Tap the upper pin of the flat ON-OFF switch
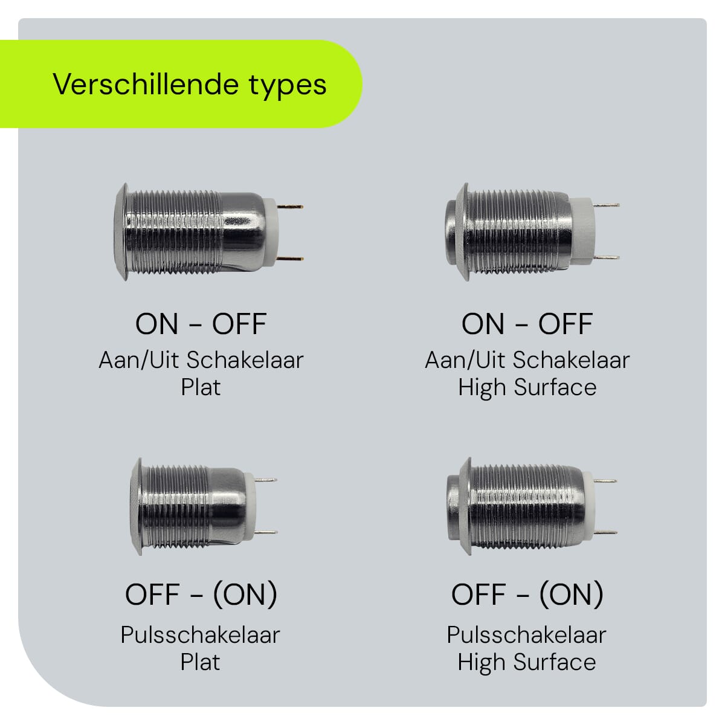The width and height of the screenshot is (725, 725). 291,207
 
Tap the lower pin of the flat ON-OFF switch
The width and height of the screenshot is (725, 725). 291,259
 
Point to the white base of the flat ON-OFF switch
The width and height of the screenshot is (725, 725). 271,233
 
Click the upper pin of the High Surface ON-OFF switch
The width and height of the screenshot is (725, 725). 606,205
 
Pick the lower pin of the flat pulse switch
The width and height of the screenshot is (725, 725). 266,532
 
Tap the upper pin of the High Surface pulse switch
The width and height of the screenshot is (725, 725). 604,481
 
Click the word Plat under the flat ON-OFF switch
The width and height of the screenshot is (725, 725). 201,387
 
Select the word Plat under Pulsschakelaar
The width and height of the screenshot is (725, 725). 200,662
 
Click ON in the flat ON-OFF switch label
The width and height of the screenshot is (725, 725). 157,324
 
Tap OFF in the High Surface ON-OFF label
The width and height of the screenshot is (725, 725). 565,324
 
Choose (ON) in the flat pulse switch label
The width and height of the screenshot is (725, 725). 245,594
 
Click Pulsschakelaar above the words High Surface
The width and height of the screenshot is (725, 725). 526,635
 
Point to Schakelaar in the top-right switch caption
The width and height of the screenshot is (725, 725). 570,360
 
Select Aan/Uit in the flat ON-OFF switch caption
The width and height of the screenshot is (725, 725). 140,360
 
